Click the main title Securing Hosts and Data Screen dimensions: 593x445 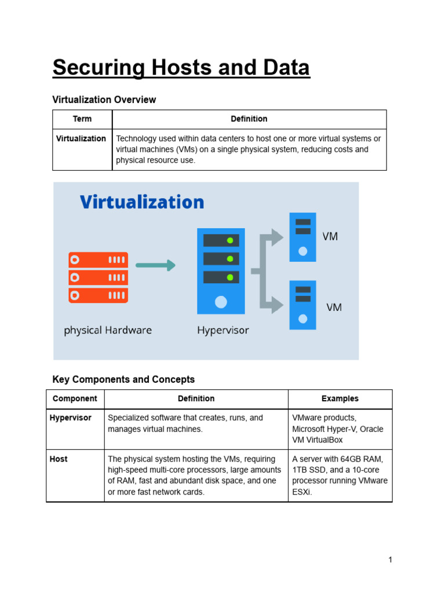click(x=181, y=68)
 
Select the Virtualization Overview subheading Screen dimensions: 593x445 click(x=104, y=100)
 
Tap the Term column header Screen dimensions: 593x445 click(x=82, y=119)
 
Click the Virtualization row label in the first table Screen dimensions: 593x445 click(x=81, y=138)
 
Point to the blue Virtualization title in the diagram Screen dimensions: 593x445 click(x=142, y=202)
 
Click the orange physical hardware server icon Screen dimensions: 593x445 click(x=99, y=277)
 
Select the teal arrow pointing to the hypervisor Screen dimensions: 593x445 click(x=155, y=265)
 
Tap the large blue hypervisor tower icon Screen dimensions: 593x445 click(x=221, y=270)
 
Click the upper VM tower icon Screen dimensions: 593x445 click(x=303, y=237)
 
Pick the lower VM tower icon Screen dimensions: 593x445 click(x=303, y=305)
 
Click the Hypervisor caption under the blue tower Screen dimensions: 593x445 click(x=223, y=331)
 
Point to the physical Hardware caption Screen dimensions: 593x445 click(x=108, y=331)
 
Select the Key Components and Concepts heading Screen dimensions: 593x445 click(x=123, y=380)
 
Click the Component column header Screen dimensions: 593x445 click(x=75, y=398)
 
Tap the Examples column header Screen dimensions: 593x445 click(x=340, y=398)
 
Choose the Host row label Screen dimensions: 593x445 click(x=59, y=459)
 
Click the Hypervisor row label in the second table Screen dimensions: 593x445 click(x=71, y=418)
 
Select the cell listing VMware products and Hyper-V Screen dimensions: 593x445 click(x=338, y=429)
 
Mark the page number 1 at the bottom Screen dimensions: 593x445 click(x=391, y=559)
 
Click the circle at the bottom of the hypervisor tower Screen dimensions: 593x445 click(x=221, y=302)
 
